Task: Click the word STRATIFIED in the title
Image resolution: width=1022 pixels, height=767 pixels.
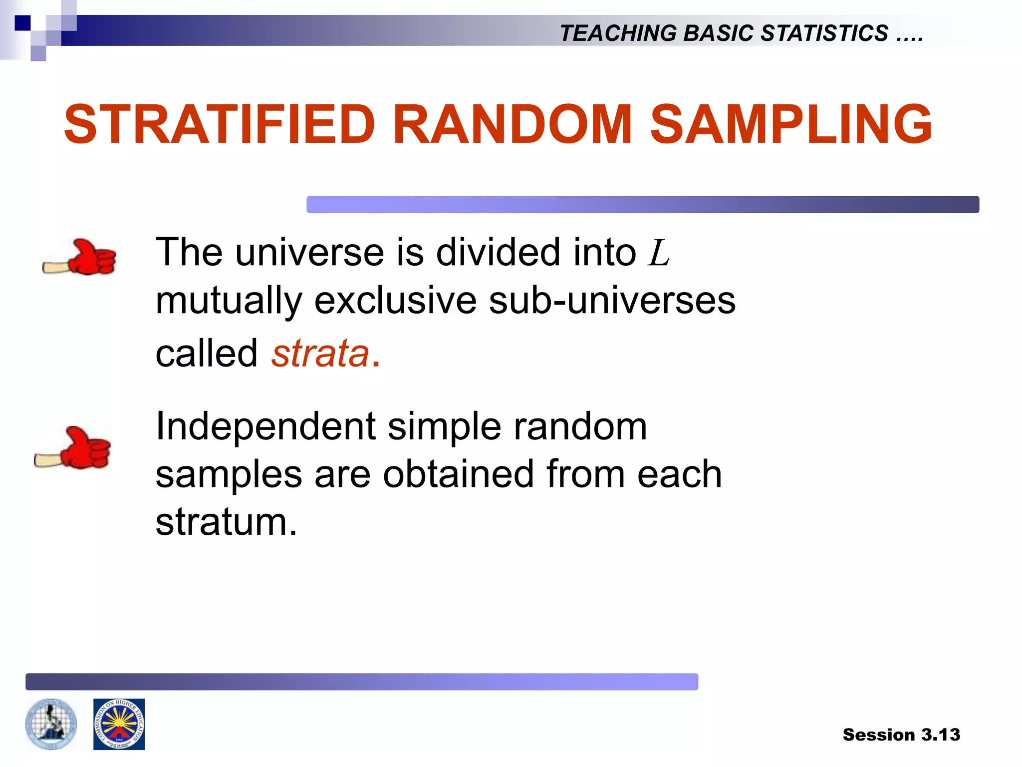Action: click(x=220, y=124)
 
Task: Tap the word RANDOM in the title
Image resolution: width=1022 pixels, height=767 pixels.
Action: click(x=512, y=124)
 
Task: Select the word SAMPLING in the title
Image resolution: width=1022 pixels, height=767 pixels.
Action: click(x=790, y=124)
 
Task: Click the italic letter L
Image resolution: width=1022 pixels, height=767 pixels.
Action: click(x=658, y=253)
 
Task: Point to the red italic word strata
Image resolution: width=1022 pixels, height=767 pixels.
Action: click(x=320, y=354)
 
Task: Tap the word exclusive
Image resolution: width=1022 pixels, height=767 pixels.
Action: click(x=395, y=301)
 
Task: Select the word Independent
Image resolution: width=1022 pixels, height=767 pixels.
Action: click(x=265, y=426)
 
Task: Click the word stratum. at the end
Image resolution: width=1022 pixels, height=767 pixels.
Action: click(x=226, y=522)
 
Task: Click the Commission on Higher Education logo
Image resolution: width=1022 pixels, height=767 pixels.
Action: click(x=119, y=724)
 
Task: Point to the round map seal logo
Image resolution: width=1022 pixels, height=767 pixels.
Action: click(x=51, y=724)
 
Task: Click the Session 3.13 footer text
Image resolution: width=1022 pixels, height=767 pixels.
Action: click(x=901, y=735)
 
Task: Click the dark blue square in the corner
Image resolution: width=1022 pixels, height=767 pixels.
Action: click(x=22, y=23)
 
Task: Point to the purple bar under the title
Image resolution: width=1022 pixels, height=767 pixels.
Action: click(x=642, y=205)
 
